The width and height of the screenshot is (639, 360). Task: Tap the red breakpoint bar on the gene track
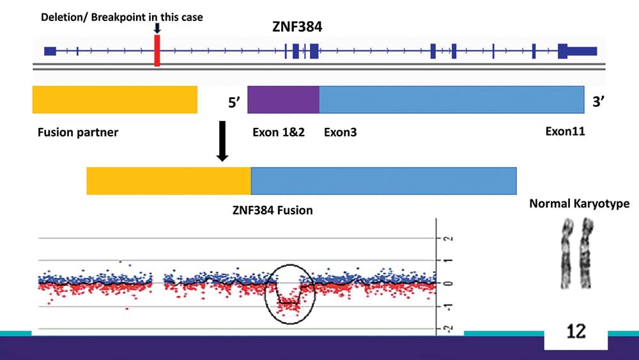coord(157,51)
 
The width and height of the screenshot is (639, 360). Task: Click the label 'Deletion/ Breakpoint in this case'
coord(122,17)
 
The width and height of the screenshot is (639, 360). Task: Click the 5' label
coord(229,102)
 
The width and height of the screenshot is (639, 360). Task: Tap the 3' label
coord(599,102)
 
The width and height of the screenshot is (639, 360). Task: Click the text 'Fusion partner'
coord(78,133)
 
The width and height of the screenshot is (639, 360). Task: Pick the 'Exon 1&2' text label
coord(279,133)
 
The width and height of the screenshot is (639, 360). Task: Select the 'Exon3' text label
coord(341,133)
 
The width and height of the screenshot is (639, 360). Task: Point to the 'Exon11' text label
coord(565,132)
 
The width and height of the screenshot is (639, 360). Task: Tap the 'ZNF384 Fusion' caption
coord(272,209)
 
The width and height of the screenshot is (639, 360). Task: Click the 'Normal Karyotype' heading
coord(579,204)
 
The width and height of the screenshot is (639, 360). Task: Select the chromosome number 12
coord(576,332)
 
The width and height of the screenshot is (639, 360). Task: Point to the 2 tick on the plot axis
coord(447,238)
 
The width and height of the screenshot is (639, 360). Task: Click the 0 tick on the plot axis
coord(447,283)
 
